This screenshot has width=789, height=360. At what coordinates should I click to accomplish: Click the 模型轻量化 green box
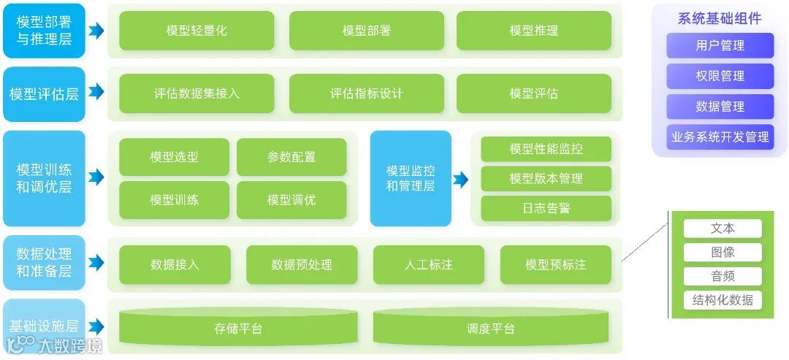click(197, 31)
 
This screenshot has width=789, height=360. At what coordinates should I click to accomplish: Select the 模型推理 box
click(534, 31)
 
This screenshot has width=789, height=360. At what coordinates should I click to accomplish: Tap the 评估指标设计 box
click(366, 93)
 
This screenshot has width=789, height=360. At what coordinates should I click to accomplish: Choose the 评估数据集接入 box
click(197, 93)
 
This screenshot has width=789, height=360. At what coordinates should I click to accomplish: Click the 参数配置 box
click(291, 157)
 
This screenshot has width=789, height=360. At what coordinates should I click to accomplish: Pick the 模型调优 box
click(291, 200)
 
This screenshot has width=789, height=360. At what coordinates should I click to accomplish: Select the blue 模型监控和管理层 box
click(411, 178)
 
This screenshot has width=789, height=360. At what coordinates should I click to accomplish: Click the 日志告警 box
click(546, 208)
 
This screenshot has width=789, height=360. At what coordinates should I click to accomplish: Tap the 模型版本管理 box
click(546, 178)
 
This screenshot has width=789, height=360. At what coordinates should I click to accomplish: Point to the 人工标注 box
click(429, 264)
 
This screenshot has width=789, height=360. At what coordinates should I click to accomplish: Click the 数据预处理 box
click(302, 264)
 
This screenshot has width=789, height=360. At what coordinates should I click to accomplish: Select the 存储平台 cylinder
click(238, 328)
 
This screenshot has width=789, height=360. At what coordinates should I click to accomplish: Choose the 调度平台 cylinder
click(491, 328)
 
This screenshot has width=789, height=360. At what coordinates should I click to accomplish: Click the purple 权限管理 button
click(720, 76)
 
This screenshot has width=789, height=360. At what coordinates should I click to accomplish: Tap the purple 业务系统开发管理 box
click(720, 137)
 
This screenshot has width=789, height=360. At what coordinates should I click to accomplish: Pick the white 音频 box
click(723, 276)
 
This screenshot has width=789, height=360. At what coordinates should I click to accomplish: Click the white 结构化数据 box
click(723, 299)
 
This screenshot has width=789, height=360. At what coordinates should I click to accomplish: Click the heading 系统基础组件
click(720, 18)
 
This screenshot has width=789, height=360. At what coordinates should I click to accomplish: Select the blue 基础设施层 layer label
click(44, 326)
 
